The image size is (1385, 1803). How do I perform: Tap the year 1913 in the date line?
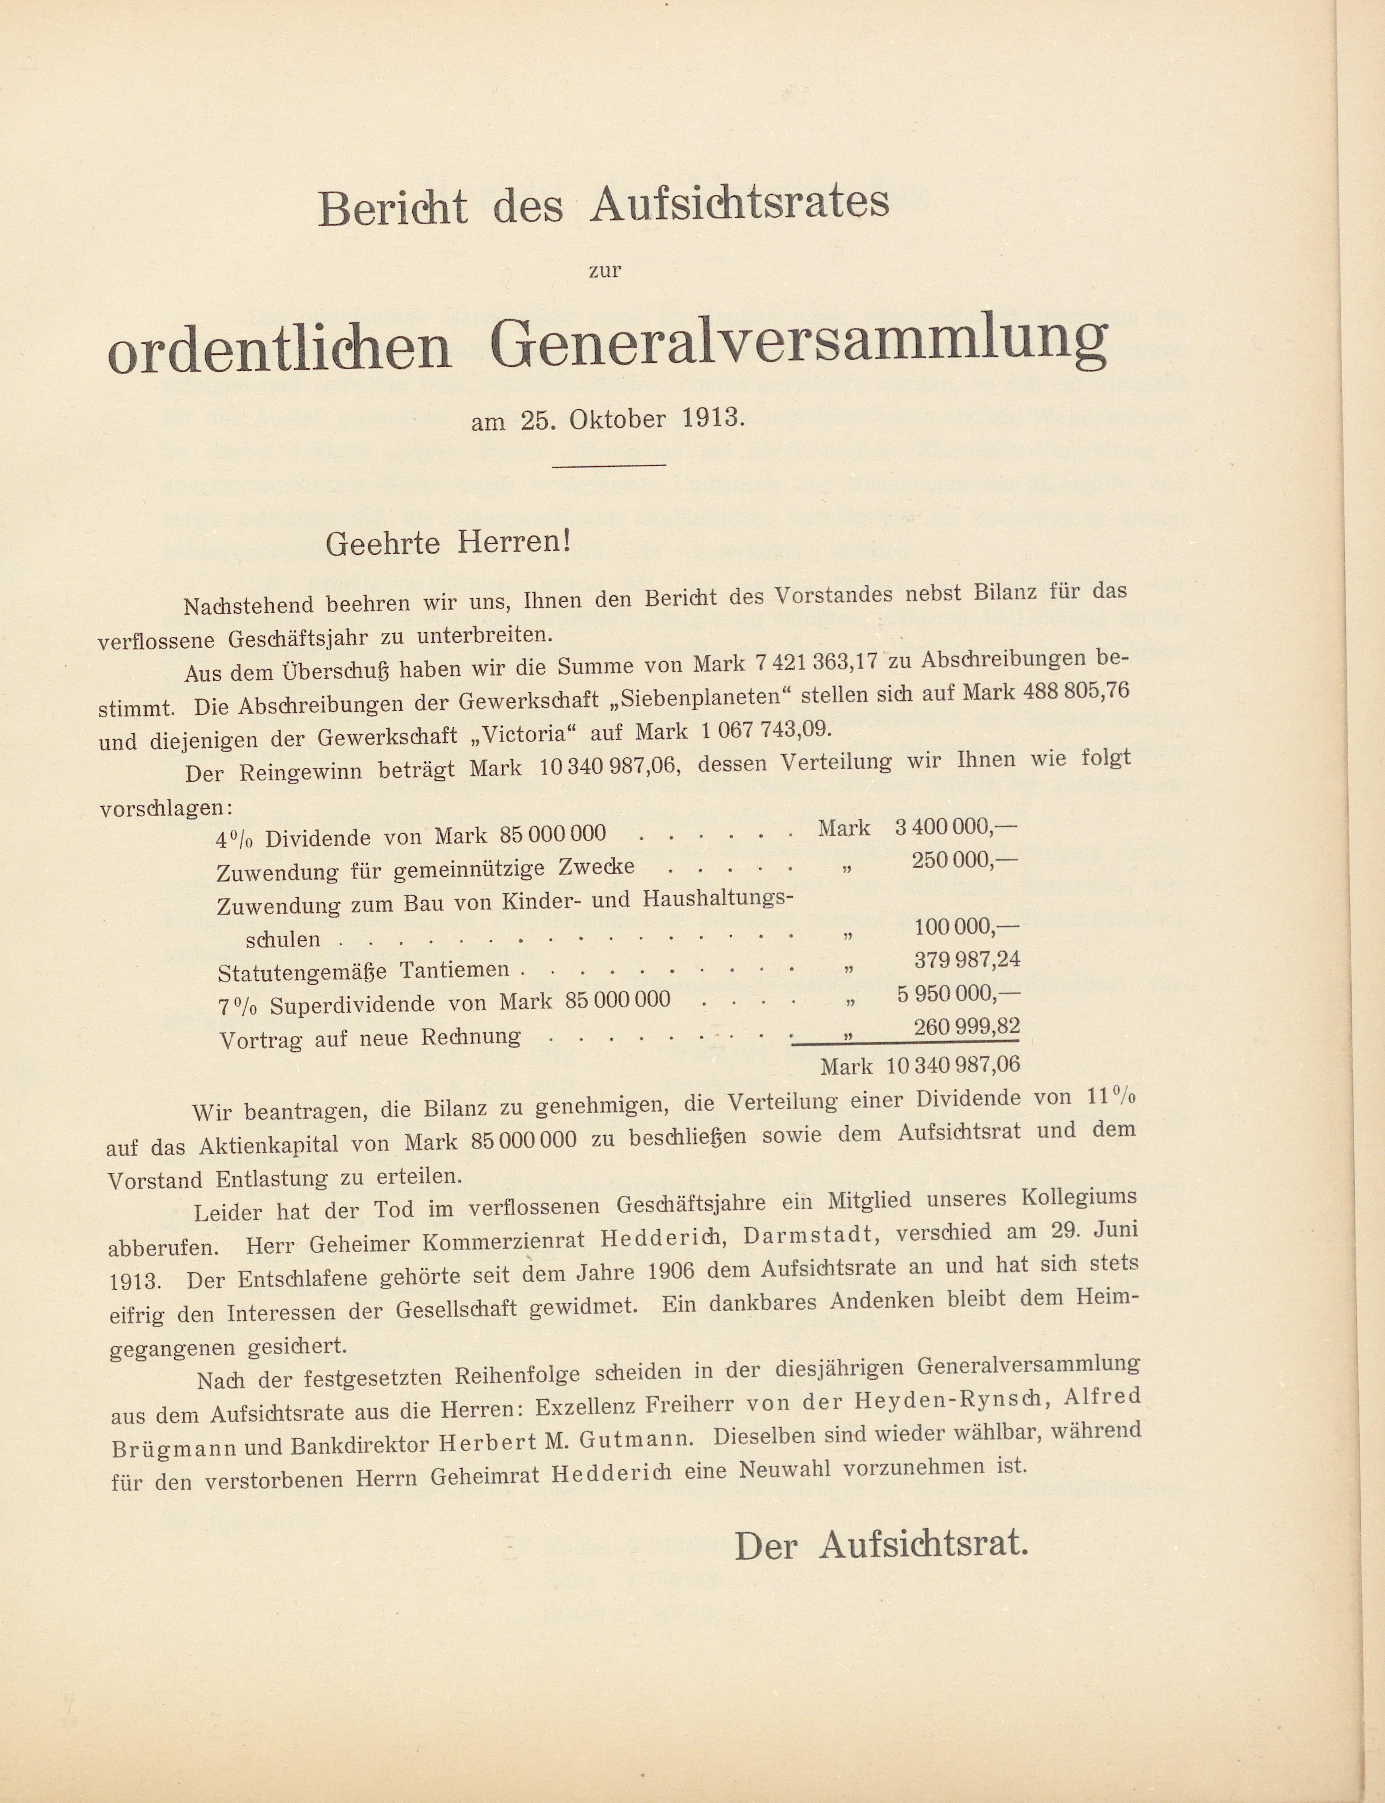click(x=713, y=419)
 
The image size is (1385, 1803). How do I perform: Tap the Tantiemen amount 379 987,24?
click(x=967, y=960)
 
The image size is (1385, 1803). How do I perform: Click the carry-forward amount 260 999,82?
click(x=967, y=1027)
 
